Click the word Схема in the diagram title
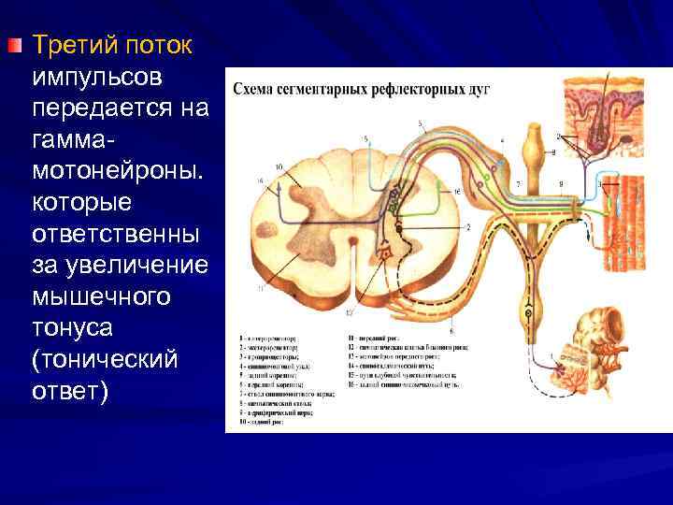pos(254,90)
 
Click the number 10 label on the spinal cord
pos(279,168)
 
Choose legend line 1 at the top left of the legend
pos(269,335)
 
